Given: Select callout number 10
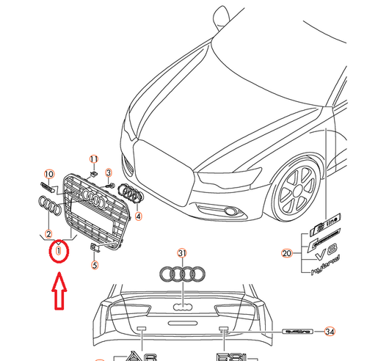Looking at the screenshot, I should (49, 174).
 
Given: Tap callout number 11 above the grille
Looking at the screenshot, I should (93, 159).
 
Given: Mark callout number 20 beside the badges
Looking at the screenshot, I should (287, 254).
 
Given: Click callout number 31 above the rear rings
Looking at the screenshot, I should (182, 254).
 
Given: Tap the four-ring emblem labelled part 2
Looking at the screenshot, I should (48, 208).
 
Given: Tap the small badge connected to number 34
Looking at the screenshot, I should (302, 331).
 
